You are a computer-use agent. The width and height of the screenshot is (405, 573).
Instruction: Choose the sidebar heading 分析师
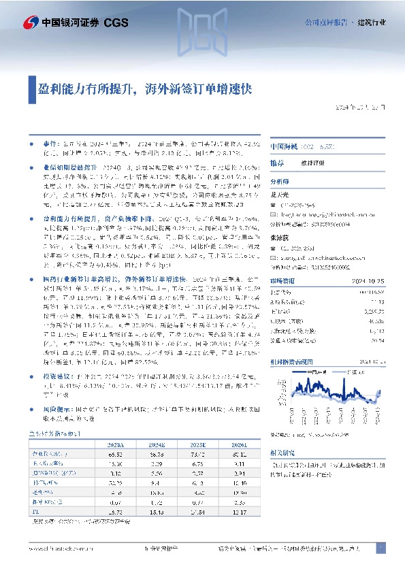pos(280,182)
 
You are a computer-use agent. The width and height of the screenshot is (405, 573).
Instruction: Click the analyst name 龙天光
pos(279,194)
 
